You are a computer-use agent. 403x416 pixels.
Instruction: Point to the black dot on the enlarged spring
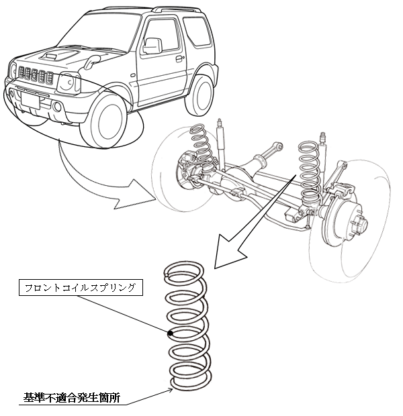tap(172, 333)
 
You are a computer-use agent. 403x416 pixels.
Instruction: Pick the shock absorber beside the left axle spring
tap(220, 144)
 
